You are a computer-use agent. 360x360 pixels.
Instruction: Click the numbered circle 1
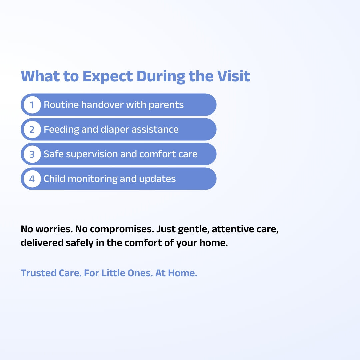(32, 105)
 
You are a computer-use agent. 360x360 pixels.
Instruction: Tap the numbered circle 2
(32, 129)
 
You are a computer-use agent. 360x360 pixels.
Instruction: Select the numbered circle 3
(32, 154)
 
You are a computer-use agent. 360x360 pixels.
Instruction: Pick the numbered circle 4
(32, 179)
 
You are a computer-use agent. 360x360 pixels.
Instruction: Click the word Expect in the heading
(107, 76)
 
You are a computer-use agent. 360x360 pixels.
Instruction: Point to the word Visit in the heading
(233, 76)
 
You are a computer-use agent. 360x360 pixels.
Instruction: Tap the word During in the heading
(161, 77)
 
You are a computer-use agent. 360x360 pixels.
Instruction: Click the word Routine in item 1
(61, 105)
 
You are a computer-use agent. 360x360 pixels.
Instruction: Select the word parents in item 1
(166, 105)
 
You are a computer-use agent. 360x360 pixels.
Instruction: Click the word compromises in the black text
(122, 229)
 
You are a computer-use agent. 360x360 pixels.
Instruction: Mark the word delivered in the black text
(42, 243)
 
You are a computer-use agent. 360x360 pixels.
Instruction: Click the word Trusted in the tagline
(39, 273)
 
